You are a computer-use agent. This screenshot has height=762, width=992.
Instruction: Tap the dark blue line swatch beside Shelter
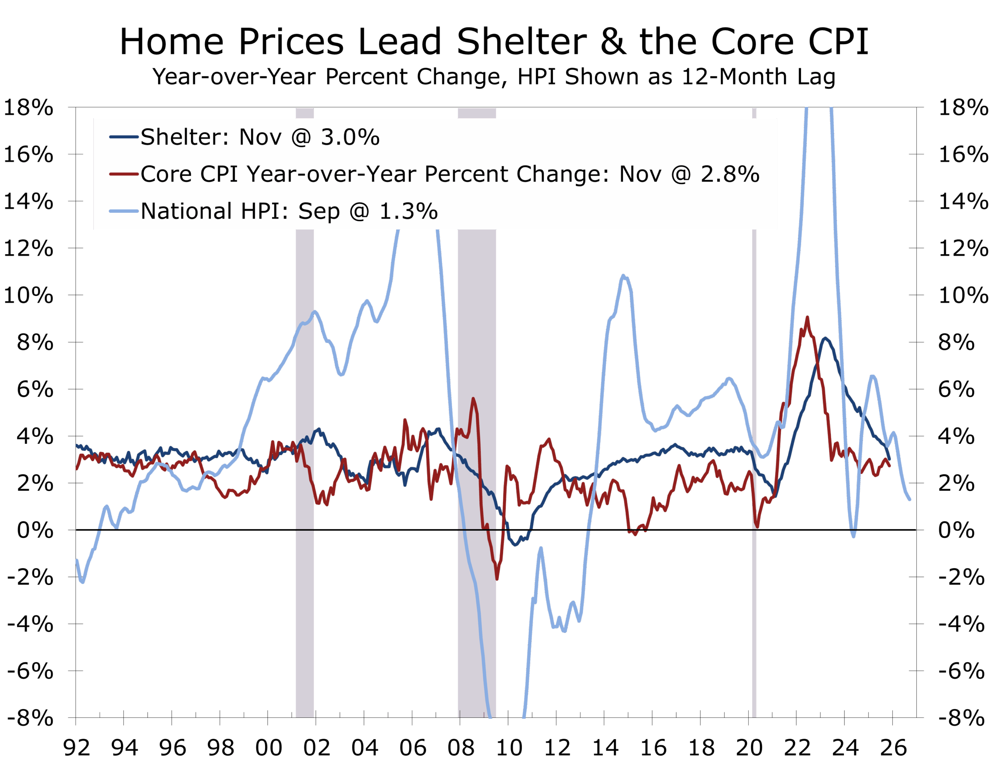point(123,136)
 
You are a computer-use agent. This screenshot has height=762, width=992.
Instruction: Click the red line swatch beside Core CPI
point(123,174)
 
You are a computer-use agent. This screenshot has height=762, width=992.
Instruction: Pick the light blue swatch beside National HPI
point(123,211)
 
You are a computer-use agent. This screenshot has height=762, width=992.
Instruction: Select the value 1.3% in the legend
point(408,211)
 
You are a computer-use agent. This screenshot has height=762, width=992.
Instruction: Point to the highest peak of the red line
point(807,318)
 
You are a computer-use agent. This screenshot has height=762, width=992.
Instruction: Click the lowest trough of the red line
point(497,579)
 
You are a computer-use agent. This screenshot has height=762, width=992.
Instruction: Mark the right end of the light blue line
point(909,499)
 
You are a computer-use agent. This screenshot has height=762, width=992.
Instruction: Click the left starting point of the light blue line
point(77,560)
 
